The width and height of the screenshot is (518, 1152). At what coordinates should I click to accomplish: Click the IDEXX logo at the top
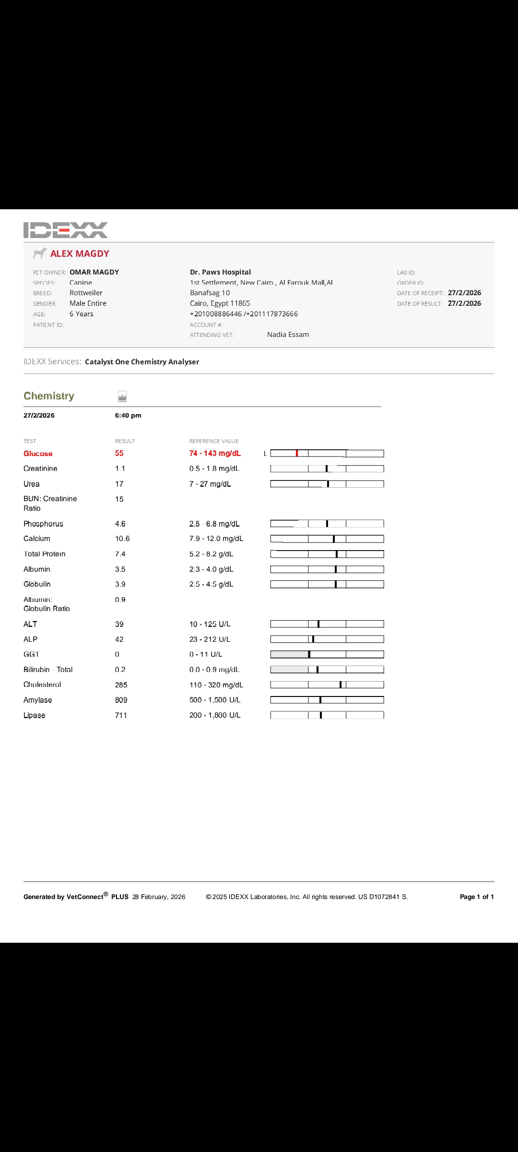[x=66, y=230]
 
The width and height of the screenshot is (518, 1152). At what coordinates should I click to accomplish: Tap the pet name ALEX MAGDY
[x=80, y=254]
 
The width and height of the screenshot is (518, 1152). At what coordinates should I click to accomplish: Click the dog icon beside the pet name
[x=39, y=253]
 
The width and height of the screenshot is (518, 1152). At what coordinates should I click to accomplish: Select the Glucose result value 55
[x=119, y=454]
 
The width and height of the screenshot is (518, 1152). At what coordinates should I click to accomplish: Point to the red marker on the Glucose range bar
[x=297, y=454]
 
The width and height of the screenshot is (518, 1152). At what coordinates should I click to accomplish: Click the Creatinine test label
[x=40, y=468]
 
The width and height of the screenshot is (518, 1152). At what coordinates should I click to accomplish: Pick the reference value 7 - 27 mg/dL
[x=210, y=484]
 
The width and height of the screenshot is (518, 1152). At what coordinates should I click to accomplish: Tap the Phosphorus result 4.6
[x=120, y=524]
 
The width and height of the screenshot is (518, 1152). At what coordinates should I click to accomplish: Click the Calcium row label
[x=37, y=539]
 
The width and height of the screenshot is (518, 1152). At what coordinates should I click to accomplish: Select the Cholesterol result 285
[x=121, y=685]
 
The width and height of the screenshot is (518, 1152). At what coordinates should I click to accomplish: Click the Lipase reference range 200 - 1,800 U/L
[x=215, y=715]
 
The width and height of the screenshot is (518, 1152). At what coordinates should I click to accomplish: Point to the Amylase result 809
[x=121, y=700]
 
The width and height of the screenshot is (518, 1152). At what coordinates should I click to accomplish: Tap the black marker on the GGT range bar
[x=309, y=654]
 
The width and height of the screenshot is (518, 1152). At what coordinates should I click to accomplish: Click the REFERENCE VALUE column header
[x=214, y=441]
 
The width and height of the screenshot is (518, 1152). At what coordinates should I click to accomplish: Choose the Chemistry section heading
[x=49, y=396]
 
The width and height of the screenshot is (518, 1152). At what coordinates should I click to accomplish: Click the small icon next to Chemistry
[x=122, y=396]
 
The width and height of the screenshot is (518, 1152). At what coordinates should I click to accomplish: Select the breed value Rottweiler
[x=86, y=293]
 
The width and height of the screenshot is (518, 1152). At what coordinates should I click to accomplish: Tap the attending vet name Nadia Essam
[x=288, y=335]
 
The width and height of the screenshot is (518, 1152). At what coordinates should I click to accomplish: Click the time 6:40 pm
[x=128, y=416]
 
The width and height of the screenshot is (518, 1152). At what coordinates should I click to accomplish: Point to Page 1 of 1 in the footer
[x=477, y=897]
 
